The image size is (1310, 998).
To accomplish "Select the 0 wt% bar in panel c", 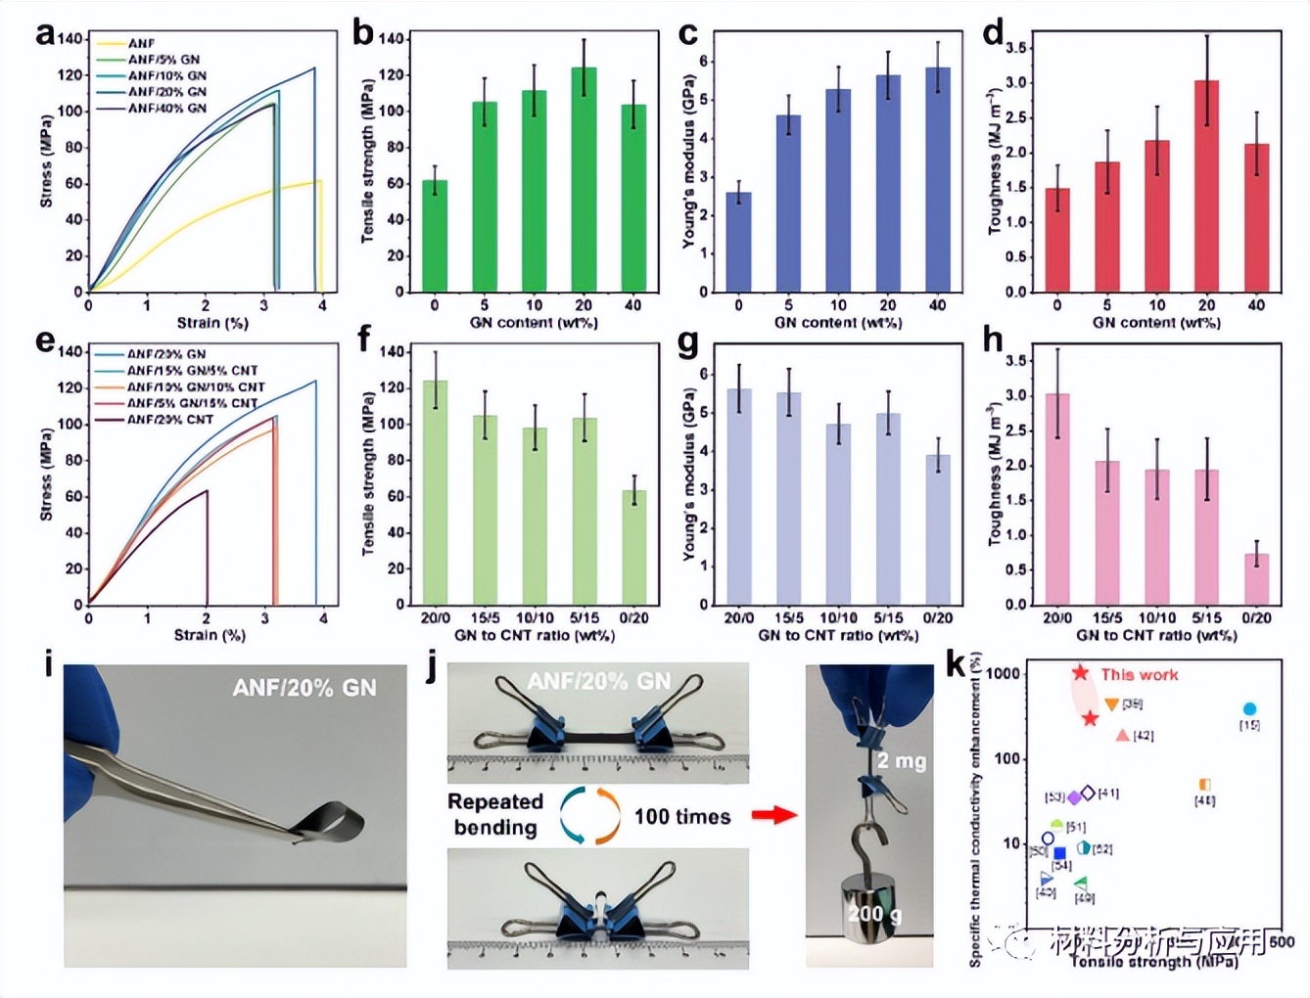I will click(739, 242).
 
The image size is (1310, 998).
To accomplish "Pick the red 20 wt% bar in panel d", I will click(1206, 186).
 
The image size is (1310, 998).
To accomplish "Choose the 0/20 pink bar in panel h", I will click(1256, 579).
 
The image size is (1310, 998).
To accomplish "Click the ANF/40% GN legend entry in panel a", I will click(167, 108).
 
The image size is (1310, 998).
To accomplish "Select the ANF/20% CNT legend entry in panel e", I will click(169, 419).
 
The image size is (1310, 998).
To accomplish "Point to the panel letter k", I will click(956, 663).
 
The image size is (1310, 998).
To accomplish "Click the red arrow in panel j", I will click(773, 814).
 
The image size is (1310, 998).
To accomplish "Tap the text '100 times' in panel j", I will click(681, 816).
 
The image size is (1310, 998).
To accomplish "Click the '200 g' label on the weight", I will click(873, 913).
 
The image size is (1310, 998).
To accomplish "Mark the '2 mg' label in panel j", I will click(901, 760).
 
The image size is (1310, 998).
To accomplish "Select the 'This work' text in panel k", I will click(1139, 674).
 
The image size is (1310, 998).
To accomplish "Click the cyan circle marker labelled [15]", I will click(1249, 709).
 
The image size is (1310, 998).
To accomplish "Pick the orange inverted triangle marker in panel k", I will click(1111, 704).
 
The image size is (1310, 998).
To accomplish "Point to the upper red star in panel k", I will click(1080, 673).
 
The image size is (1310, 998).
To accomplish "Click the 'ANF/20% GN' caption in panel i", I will click(304, 688).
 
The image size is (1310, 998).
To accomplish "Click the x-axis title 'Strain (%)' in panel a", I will click(212, 322).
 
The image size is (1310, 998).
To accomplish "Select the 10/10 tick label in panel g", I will click(838, 617).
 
